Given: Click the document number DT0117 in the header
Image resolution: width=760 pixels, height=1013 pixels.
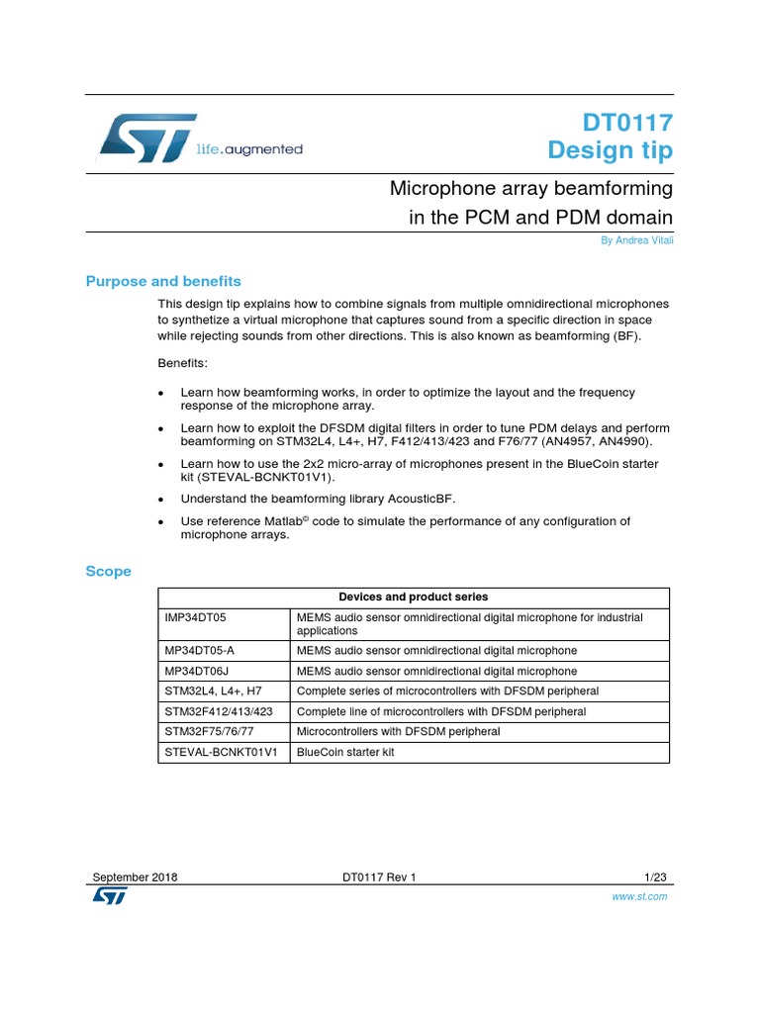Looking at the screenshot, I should (x=626, y=123).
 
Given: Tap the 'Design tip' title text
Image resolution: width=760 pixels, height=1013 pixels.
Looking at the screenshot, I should (x=611, y=150).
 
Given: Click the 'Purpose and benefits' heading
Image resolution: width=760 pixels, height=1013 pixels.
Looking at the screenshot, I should (x=163, y=281).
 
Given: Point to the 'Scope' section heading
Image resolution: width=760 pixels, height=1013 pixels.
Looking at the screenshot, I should (x=108, y=571).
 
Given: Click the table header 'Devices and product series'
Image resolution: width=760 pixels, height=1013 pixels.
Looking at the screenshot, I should (x=413, y=598).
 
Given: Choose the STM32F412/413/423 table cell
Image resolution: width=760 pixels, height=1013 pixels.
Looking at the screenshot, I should (x=218, y=711).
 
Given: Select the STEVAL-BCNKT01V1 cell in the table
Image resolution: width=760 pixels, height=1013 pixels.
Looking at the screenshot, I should (x=221, y=752).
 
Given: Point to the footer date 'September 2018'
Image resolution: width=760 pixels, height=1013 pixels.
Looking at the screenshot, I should (x=136, y=877).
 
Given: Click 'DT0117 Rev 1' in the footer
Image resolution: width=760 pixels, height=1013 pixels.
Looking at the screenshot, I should (x=380, y=877).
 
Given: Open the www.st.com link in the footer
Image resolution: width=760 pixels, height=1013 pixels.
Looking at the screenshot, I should (x=645, y=896).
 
